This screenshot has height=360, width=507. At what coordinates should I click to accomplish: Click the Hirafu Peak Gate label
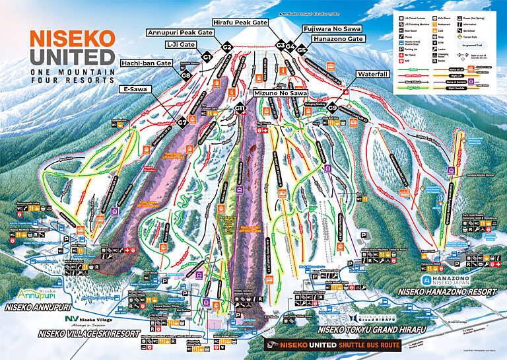tap(240, 22)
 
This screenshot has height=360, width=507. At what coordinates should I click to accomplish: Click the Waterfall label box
tap(374, 74)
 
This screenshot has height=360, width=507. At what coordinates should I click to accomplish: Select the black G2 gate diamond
tap(227, 47)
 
